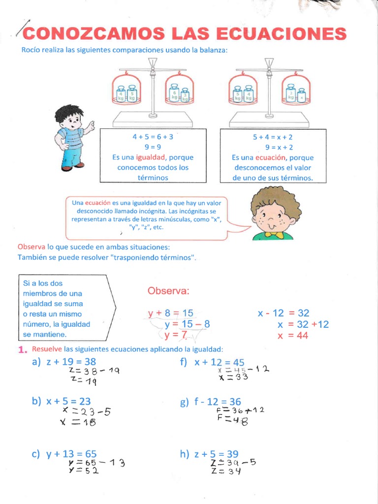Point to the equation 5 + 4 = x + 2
[272, 137]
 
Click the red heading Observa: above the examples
[168, 291]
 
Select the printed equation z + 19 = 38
[71, 362]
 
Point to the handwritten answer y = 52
[83, 470]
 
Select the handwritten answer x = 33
[233, 378]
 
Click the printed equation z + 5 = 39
[216, 454]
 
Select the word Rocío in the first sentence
[30, 50]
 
